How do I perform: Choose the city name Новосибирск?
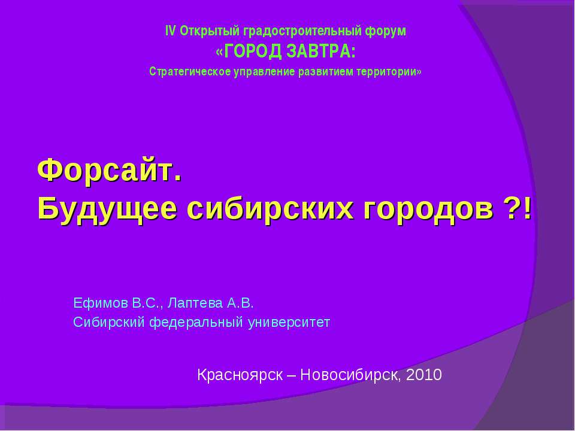pos(350,375)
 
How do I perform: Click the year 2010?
pos(423,375)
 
